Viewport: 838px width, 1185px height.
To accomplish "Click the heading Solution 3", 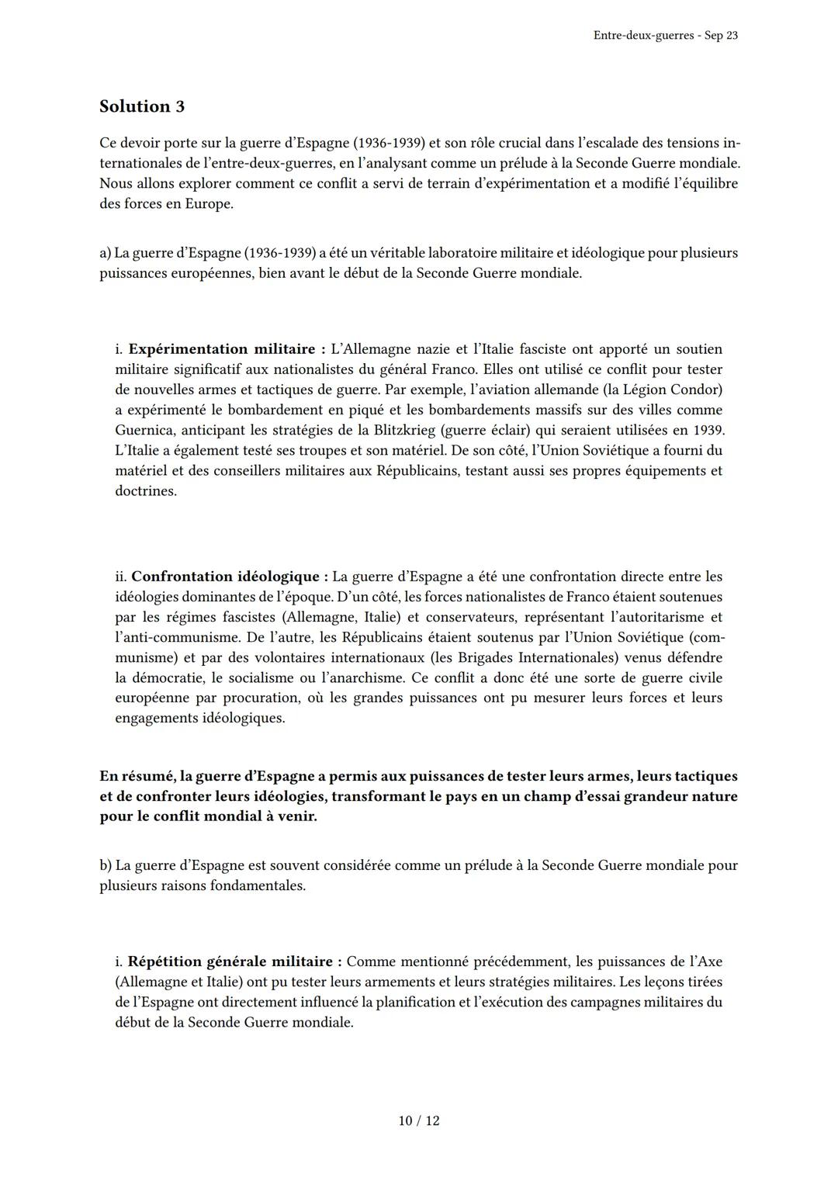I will click(x=142, y=106).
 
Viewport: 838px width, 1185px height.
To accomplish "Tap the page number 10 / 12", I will click(x=419, y=1121).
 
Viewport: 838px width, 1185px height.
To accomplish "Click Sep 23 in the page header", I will click(x=721, y=36).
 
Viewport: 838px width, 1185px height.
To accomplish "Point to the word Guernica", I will click(x=144, y=430).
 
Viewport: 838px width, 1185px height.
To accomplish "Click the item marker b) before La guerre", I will click(x=106, y=865).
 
